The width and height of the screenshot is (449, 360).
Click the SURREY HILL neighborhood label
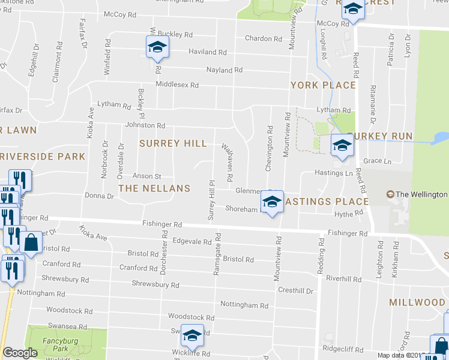[x=173, y=143]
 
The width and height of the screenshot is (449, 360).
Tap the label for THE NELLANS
[x=154, y=188]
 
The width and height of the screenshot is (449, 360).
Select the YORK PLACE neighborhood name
[x=323, y=85]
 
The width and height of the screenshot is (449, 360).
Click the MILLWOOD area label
[x=417, y=302]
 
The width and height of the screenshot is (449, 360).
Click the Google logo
[x=20, y=353]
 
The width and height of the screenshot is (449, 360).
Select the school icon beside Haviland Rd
[x=157, y=47]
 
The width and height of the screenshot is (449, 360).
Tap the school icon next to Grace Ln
[x=342, y=145]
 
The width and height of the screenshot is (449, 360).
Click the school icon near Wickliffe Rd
[x=191, y=336]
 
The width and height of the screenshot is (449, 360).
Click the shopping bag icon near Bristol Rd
[x=31, y=243]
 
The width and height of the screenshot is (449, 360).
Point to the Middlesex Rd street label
[x=176, y=85]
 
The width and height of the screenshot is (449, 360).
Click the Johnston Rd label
[x=145, y=125]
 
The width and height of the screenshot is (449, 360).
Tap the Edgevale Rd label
[x=191, y=242]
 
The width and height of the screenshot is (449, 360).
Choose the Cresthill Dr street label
[x=295, y=291]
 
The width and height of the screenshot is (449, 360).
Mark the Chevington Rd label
[x=270, y=148]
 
